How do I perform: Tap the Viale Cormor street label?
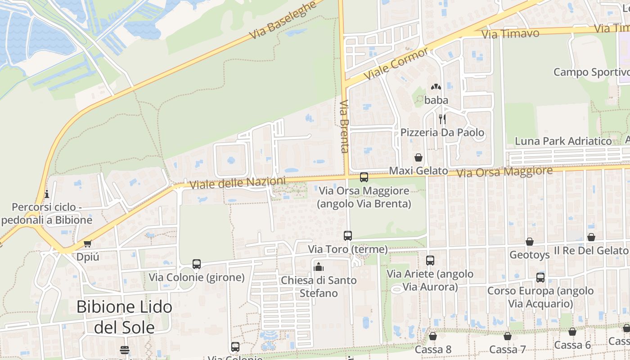pyautogui.click(x=396, y=64)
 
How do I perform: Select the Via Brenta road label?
pyautogui.click(x=345, y=126)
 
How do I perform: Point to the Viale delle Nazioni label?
pyautogui.click(x=238, y=183)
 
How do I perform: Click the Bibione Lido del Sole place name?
pyautogui.click(x=124, y=317)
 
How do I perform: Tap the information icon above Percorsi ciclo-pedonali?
pyautogui.click(x=46, y=194)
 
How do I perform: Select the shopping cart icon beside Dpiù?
pyautogui.click(x=87, y=243)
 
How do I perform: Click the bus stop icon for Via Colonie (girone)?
pyautogui.click(x=197, y=264)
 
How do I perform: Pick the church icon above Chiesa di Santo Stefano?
pyautogui.click(x=319, y=267)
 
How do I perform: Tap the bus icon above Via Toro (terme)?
pyautogui.click(x=348, y=235)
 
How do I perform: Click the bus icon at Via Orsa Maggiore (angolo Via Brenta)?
pyautogui.click(x=364, y=177)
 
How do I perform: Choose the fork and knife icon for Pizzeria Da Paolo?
pyautogui.click(x=442, y=119)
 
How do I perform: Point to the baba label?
pyautogui.click(x=436, y=100)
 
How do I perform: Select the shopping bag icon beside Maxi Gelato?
pyautogui.click(x=418, y=157)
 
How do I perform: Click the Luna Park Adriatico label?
pyautogui.click(x=563, y=141)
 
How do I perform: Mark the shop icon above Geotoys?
pyautogui.click(x=530, y=242)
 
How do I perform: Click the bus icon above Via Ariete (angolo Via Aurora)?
pyautogui.click(x=430, y=260)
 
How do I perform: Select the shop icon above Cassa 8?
pyautogui.click(x=433, y=336)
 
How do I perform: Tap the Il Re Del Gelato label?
pyautogui.click(x=591, y=251)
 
